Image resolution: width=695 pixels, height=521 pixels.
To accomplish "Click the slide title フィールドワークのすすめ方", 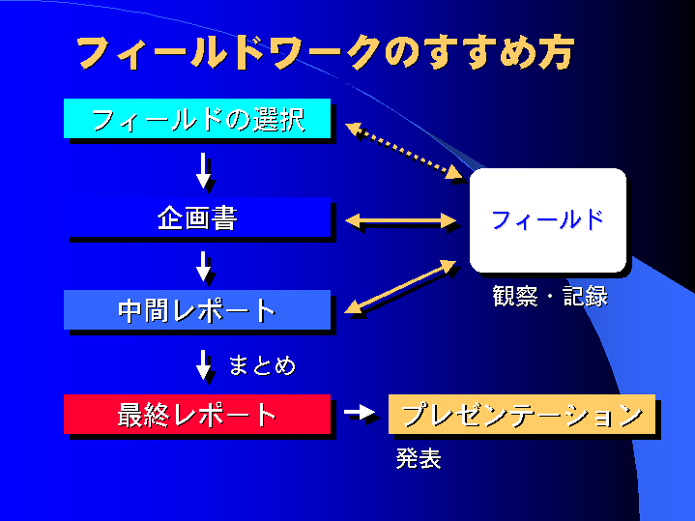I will tap(325, 53).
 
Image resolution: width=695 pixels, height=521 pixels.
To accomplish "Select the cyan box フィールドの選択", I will tap(197, 119).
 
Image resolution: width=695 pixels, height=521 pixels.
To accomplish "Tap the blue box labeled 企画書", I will tap(197, 217).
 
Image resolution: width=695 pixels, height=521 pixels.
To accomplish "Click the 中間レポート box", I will tap(197, 311).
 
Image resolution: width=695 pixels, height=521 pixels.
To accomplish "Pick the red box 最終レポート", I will tap(197, 415).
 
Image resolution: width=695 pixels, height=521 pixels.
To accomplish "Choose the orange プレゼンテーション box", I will tap(522, 415).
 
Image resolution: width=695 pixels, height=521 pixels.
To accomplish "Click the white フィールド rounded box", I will tap(547, 220).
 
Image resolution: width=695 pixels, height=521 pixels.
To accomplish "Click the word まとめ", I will tap(261, 365).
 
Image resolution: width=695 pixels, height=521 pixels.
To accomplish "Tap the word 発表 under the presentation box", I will tap(419, 459).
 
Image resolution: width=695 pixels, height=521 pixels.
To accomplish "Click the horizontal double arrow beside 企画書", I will tap(400, 221).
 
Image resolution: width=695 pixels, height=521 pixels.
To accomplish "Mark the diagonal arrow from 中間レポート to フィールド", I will tap(400, 287).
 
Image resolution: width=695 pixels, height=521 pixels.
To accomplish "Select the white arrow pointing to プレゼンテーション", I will tap(359, 413).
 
